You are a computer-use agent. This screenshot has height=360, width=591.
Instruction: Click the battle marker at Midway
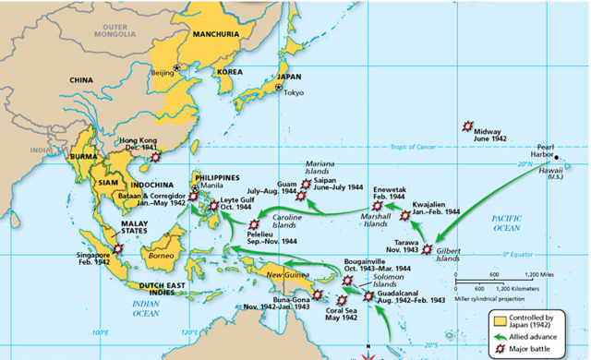coord(468,126)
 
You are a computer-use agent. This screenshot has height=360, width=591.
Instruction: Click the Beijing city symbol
coord(178,66)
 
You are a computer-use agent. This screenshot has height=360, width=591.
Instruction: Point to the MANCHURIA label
coord(216,34)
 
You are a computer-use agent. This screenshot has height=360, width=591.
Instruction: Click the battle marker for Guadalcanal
coord(369,296)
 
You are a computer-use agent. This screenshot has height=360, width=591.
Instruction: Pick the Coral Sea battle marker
coord(344,300)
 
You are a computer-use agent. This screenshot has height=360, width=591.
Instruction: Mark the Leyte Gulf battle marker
coord(214,206)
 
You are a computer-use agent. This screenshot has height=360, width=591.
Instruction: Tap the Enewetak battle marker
coord(376,206)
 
